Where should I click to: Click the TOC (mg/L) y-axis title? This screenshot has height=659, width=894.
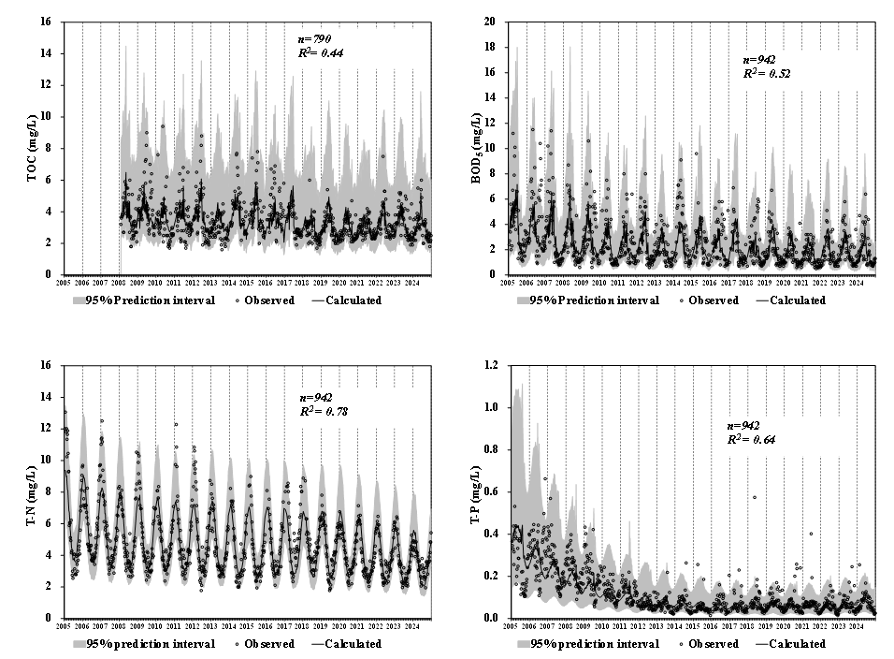32,148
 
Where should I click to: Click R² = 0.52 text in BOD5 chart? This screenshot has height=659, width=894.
767,73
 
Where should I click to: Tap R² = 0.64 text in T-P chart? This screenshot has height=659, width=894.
751,439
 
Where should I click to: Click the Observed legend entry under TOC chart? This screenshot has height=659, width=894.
265,300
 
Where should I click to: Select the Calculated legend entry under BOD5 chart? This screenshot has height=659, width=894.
791,300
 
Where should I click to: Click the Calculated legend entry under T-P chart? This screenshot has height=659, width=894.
791,644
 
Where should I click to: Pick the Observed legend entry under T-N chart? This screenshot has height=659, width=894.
265,644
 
